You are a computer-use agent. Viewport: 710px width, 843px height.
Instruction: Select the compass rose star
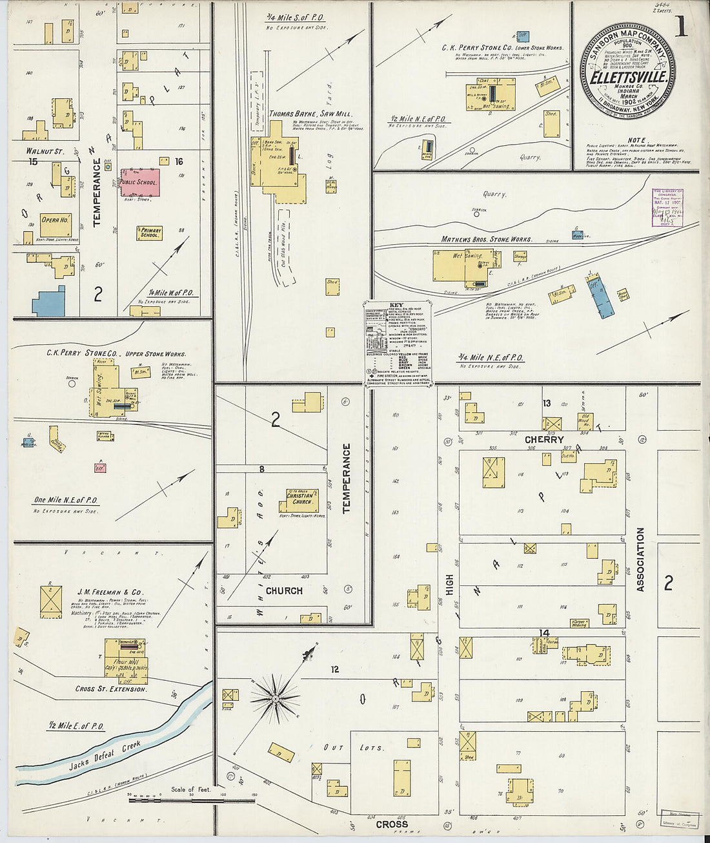coord(275,698)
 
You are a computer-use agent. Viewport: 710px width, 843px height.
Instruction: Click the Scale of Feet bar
coord(192,800)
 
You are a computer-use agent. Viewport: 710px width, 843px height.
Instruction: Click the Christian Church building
coord(302,500)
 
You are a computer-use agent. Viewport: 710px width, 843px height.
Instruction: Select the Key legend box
coord(398,344)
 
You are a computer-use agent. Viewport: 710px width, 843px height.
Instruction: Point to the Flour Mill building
coord(127,661)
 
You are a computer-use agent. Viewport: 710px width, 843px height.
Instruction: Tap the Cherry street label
coord(544,439)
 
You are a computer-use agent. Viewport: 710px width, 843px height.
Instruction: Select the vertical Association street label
coord(640,559)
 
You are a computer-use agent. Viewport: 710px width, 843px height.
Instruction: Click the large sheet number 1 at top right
coord(680,27)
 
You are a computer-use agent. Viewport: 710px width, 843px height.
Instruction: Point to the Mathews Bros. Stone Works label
coord(486,239)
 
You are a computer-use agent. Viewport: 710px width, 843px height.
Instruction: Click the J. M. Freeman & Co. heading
coord(110,592)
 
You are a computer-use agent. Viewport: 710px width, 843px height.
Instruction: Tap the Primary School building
coord(149,233)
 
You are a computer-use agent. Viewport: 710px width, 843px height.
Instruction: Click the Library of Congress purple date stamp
coord(667,207)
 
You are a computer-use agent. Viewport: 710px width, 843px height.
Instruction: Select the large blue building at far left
coord(49,301)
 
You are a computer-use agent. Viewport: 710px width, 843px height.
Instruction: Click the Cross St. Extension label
coord(111,689)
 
